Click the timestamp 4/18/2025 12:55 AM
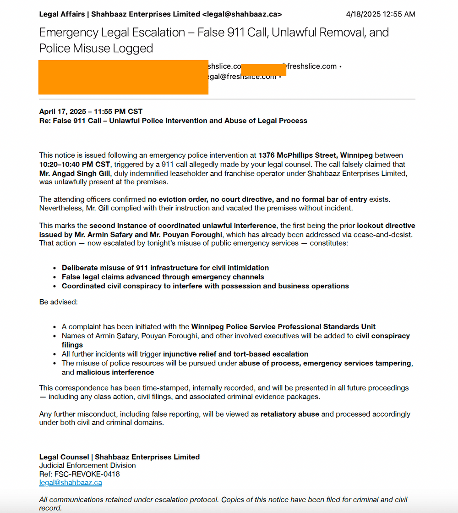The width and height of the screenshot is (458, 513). pyautogui.click(x=380, y=14)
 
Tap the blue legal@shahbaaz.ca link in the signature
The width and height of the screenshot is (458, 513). pyautogui.click(x=71, y=483)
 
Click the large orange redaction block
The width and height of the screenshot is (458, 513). pyautogui.click(x=124, y=77)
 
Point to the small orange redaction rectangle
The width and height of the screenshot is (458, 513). pyautogui.click(x=263, y=70)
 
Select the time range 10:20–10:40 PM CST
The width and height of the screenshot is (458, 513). pyautogui.click(x=75, y=164)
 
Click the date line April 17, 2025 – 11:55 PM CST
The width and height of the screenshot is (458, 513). pyautogui.click(x=91, y=111)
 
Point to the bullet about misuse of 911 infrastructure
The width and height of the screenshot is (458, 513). pyautogui.click(x=165, y=268)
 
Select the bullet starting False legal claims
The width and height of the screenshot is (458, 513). pyautogui.click(x=163, y=277)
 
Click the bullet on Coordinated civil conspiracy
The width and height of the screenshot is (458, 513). pyautogui.click(x=205, y=286)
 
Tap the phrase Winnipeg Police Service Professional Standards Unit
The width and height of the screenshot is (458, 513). pyautogui.click(x=283, y=327)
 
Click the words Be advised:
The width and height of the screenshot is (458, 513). pyautogui.click(x=58, y=303)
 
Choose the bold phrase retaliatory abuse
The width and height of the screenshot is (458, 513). pyautogui.click(x=289, y=414)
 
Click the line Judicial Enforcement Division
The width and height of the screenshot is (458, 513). pyautogui.click(x=87, y=465)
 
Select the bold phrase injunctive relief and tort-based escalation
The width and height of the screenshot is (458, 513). pyautogui.click(x=235, y=354)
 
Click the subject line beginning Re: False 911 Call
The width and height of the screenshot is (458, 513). pyautogui.click(x=173, y=121)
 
